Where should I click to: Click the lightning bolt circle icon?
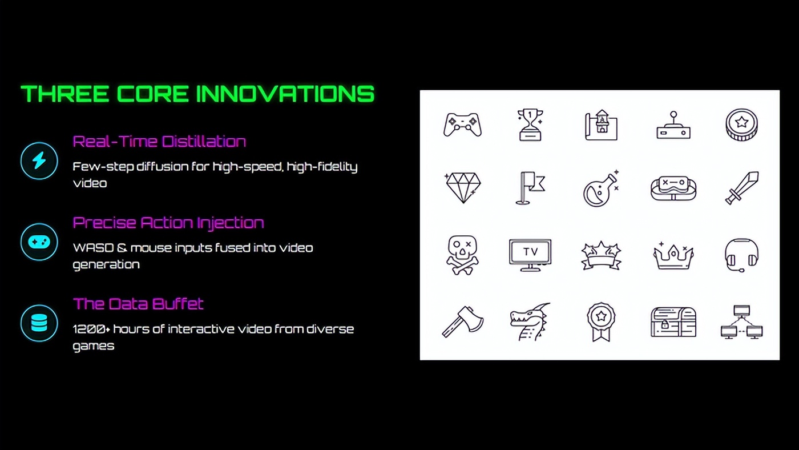tap(39, 160)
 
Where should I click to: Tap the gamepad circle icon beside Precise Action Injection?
tap(39, 242)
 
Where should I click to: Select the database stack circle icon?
tap(39, 323)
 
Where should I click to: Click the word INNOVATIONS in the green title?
tap(285, 94)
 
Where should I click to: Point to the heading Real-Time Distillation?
tap(159, 142)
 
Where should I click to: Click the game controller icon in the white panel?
tap(462, 124)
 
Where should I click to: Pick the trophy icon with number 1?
tap(530, 124)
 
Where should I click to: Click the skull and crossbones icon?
tap(462, 255)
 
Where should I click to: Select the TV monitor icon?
tap(530, 255)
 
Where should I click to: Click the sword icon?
tap(741, 188)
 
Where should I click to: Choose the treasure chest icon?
tap(673, 322)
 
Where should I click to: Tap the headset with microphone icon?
tap(741, 255)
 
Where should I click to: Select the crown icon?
tap(673, 255)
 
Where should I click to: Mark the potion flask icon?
tap(601, 188)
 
